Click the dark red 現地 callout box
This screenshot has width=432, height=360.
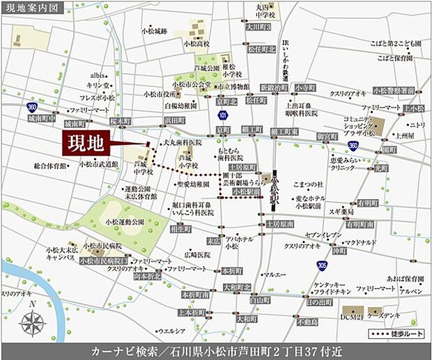(86, 144)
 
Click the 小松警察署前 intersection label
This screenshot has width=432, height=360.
(393, 90)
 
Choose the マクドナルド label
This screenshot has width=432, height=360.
(360, 242)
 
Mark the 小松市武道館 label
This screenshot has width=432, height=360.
(98, 164)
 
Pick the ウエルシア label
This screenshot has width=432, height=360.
(171, 331)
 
